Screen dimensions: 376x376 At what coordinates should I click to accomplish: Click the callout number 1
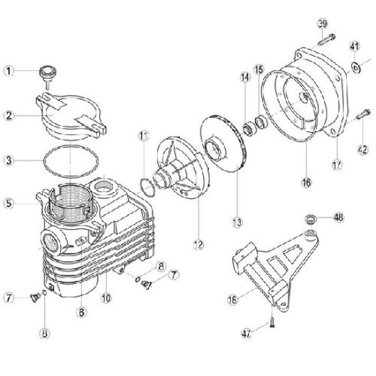pos(9,71)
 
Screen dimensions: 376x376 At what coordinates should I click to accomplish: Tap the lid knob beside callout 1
pos(48,75)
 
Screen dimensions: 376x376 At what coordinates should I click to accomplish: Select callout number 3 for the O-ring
pos(9,160)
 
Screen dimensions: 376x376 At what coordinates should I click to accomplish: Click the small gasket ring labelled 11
pos(147,187)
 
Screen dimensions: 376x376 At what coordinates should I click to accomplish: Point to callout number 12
pos(198,245)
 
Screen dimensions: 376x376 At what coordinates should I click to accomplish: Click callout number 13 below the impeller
pos(237,223)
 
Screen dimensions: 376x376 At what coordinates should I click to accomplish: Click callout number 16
pos(306,183)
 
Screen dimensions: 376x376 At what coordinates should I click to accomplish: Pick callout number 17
pos(337,165)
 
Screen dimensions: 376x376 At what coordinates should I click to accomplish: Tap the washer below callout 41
pos(355,67)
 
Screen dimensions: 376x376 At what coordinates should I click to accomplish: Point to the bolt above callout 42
pos(362,114)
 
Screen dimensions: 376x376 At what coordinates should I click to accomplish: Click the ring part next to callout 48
pos(311,219)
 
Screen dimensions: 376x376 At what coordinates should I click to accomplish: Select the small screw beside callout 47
pos(272,322)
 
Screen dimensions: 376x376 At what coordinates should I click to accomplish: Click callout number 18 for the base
pos(232,299)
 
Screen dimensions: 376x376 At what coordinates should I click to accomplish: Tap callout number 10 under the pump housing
pos(106,298)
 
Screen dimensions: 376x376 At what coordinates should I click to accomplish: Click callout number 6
pos(81,312)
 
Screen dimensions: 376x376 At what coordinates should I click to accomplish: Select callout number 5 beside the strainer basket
pos(9,203)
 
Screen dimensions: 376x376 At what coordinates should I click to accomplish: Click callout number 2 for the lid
pos(9,116)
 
